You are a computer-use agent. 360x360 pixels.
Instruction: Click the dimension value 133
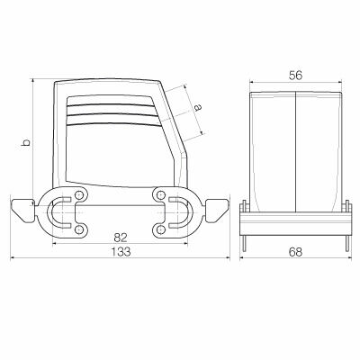[121, 252]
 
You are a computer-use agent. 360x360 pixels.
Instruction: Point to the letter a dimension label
[197, 108]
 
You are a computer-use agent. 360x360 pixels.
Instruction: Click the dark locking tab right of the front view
[216, 211]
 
